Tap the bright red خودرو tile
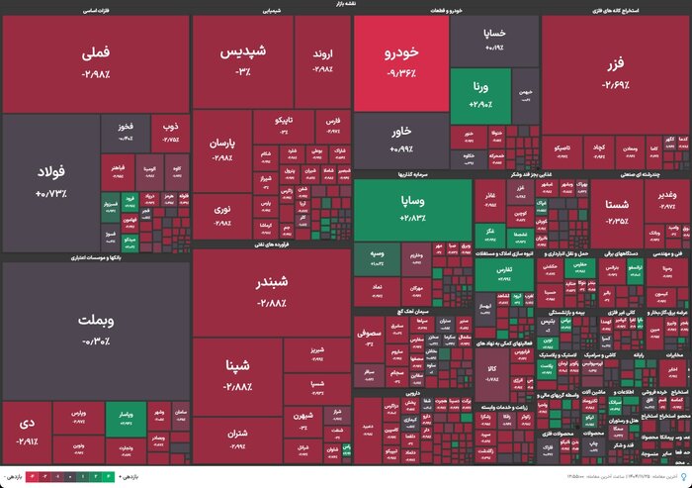point(401,63)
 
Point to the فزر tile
point(615,74)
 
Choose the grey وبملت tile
point(95,331)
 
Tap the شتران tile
point(237,436)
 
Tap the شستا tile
point(615,211)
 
